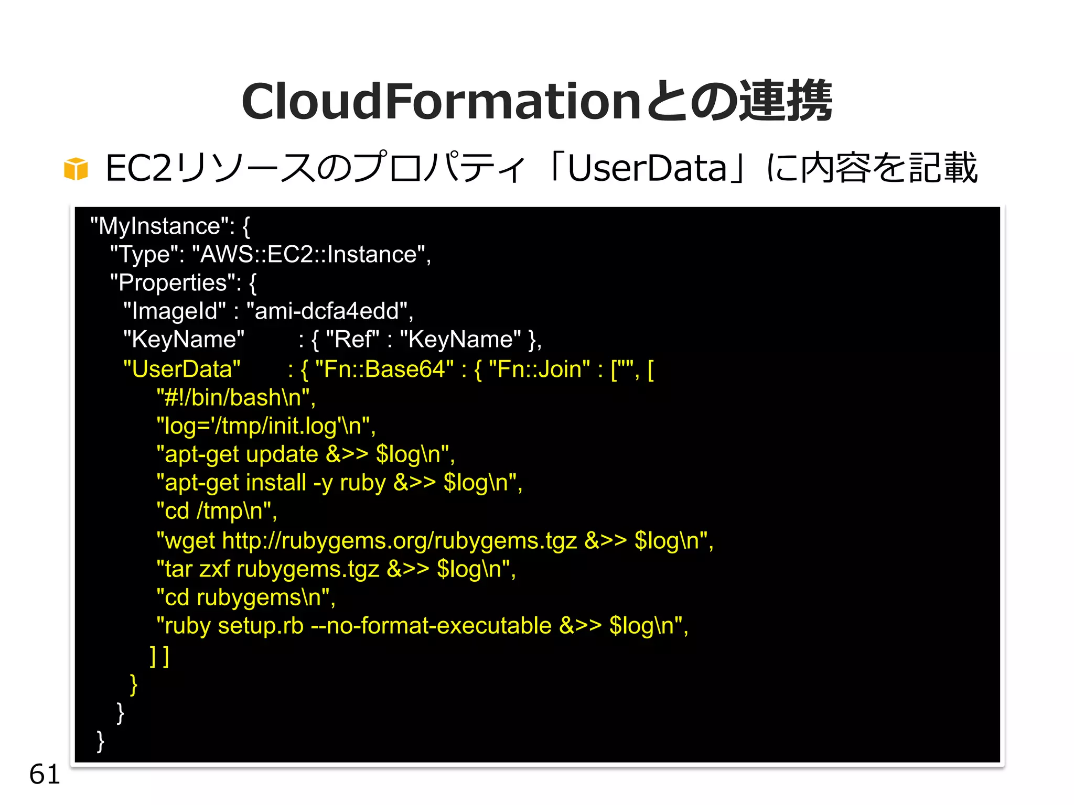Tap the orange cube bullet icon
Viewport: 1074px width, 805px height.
point(76,169)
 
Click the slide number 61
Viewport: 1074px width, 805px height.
point(45,774)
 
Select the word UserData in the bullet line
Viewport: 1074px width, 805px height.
point(647,169)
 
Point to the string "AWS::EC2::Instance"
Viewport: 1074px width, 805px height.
point(308,255)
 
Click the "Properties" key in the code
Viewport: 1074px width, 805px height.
point(176,283)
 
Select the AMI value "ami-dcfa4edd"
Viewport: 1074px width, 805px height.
point(326,311)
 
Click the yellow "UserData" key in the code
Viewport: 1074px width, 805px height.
point(181,369)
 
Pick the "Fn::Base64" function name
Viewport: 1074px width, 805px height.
point(384,369)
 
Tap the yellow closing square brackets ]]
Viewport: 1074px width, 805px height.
point(159,656)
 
